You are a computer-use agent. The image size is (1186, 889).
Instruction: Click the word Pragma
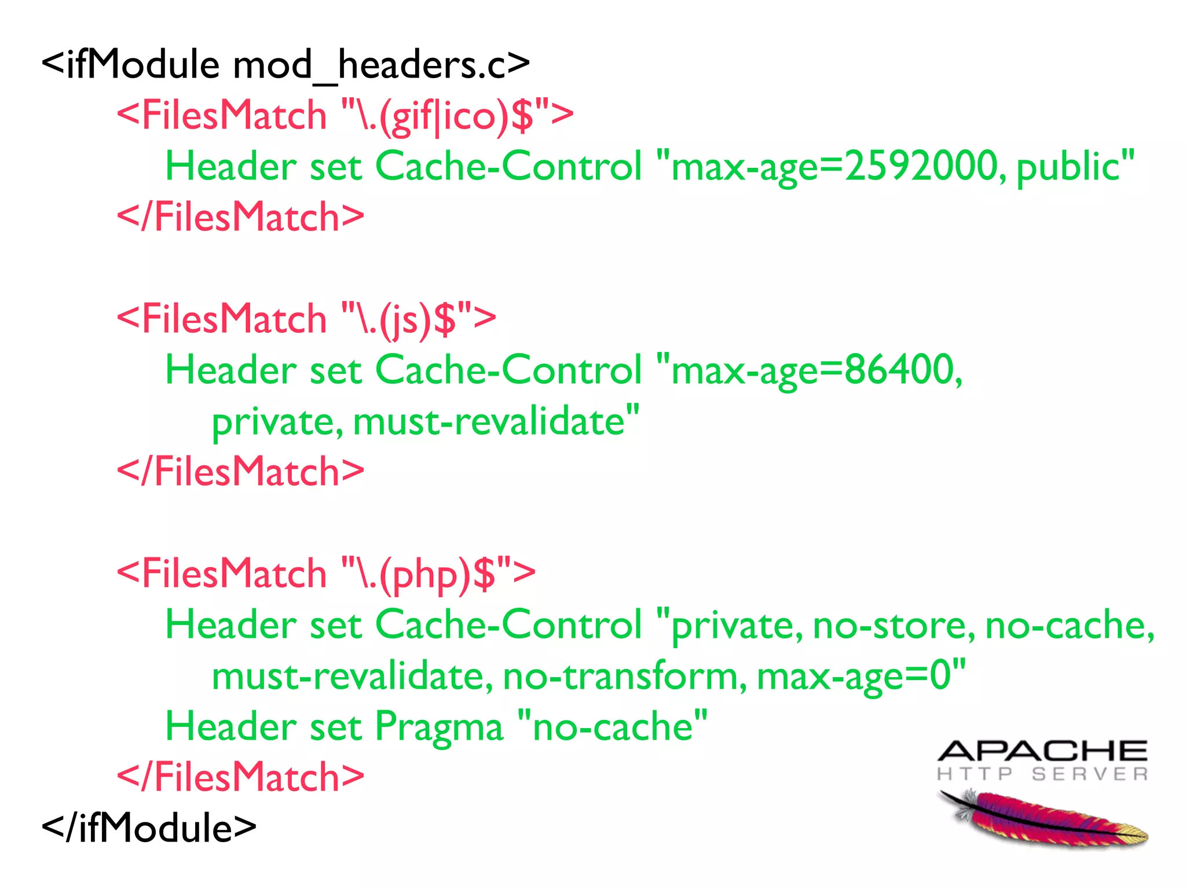click(439, 728)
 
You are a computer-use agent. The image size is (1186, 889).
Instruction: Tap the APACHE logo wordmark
click(1042, 751)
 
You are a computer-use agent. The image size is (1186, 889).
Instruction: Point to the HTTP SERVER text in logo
click(1042, 774)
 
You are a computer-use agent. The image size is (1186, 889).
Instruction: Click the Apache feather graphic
click(1042, 819)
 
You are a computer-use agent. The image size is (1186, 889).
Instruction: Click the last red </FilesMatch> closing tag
click(240, 777)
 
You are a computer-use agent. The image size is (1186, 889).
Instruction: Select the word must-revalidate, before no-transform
click(352, 677)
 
